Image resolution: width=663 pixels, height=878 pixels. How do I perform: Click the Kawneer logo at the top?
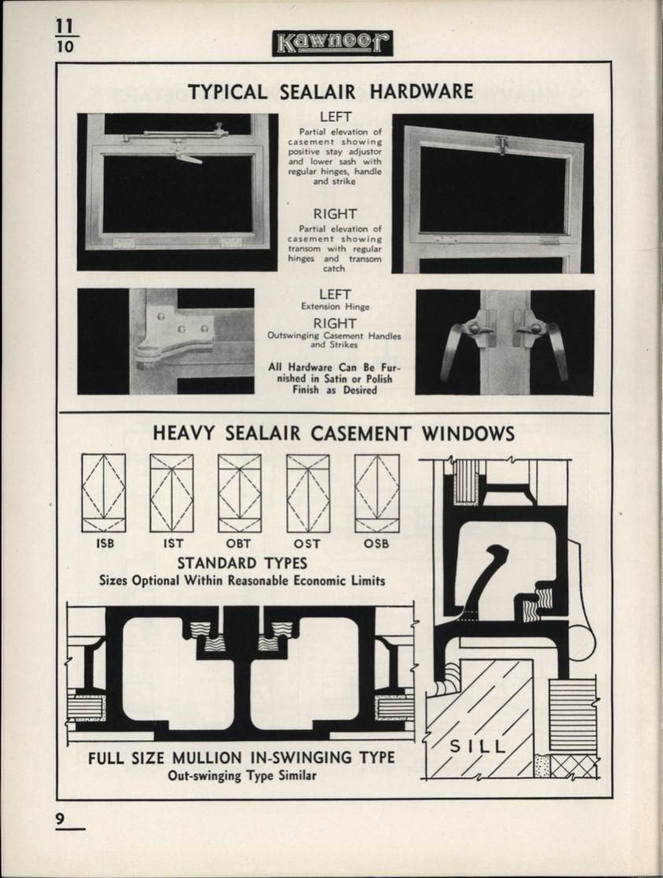pos(332,43)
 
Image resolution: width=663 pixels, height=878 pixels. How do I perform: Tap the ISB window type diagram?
pos(103,492)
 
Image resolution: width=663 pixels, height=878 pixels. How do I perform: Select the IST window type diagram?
pos(172,492)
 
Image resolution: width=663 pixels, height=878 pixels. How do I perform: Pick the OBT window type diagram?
pos(239,492)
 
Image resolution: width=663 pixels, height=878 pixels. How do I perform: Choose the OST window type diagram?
pos(308,492)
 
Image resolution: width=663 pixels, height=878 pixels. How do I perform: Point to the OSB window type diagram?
pos(376,492)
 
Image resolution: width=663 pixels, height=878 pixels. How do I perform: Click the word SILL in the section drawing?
pos(477,745)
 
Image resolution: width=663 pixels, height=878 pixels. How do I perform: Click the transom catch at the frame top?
pos(499,144)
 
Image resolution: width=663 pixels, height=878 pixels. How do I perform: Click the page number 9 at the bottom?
pos(60,818)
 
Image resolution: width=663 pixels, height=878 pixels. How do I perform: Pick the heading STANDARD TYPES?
pos(242,563)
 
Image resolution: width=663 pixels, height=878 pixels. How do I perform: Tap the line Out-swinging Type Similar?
pos(242,776)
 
